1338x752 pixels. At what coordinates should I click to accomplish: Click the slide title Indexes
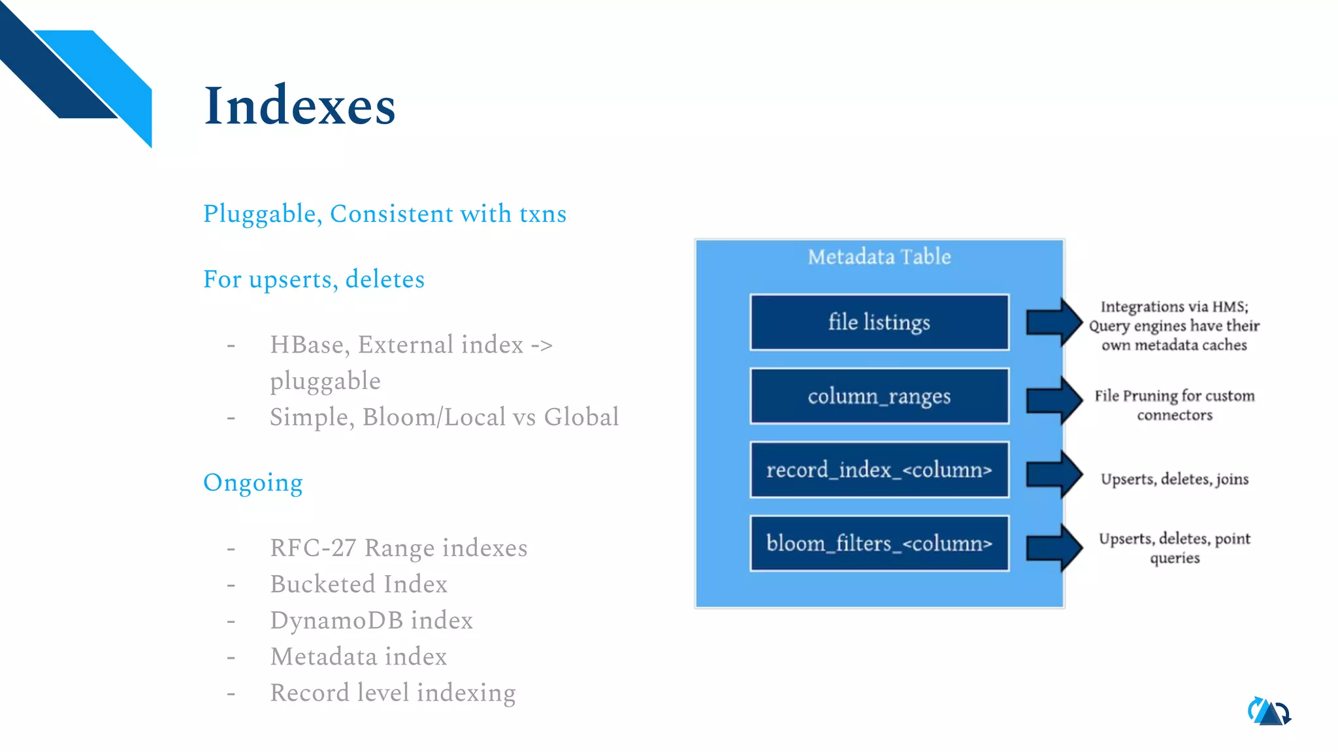[299, 106]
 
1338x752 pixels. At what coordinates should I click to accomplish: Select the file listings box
[879, 322]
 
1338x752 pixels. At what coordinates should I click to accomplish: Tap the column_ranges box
[879, 396]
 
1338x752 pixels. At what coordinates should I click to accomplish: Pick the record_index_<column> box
[879, 470]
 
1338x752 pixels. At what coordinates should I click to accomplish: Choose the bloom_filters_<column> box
[879, 544]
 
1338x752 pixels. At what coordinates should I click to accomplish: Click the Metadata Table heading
[879, 257]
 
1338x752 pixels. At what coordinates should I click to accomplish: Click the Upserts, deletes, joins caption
[1174, 479]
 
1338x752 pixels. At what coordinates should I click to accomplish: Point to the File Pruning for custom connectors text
[1174, 405]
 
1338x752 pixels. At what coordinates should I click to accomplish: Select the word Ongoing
[253, 483]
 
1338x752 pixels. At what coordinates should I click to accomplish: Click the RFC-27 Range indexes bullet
[399, 548]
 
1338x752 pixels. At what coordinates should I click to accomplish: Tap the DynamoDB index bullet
[371, 620]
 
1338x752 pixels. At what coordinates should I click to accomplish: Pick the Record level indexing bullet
[393, 693]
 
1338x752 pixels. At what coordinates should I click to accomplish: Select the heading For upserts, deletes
[314, 279]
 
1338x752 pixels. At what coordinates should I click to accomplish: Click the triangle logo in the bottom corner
[1269, 712]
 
